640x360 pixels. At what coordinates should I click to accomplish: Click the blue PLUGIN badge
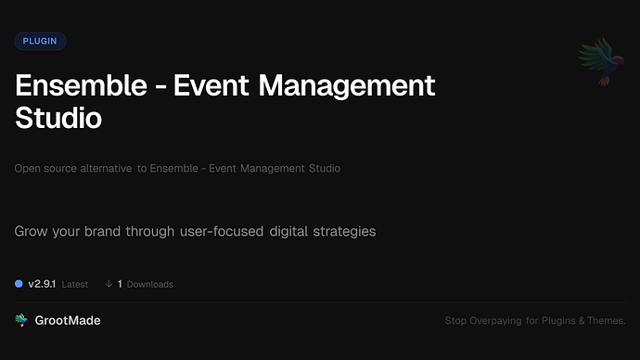click(x=40, y=41)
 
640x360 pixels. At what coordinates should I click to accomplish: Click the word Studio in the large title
click(x=58, y=118)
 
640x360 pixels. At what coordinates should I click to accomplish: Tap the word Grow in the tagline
click(x=32, y=231)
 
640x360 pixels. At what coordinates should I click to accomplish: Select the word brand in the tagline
click(x=114, y=231)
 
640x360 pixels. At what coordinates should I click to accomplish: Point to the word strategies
click(x=342, y=231)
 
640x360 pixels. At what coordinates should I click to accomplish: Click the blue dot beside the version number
click(x=19, y=283)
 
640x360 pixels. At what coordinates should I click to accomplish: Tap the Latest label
click(x=75, y=284)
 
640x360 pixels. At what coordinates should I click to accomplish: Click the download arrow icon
click(x=109, y=284)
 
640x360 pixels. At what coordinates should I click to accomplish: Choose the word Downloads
click(x=150, y=284)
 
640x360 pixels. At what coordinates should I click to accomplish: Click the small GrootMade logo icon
click(x=21, y=320)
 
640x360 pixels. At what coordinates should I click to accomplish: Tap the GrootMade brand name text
click(x=68, y=320)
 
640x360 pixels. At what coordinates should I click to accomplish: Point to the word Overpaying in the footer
click(x=497, y=321)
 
